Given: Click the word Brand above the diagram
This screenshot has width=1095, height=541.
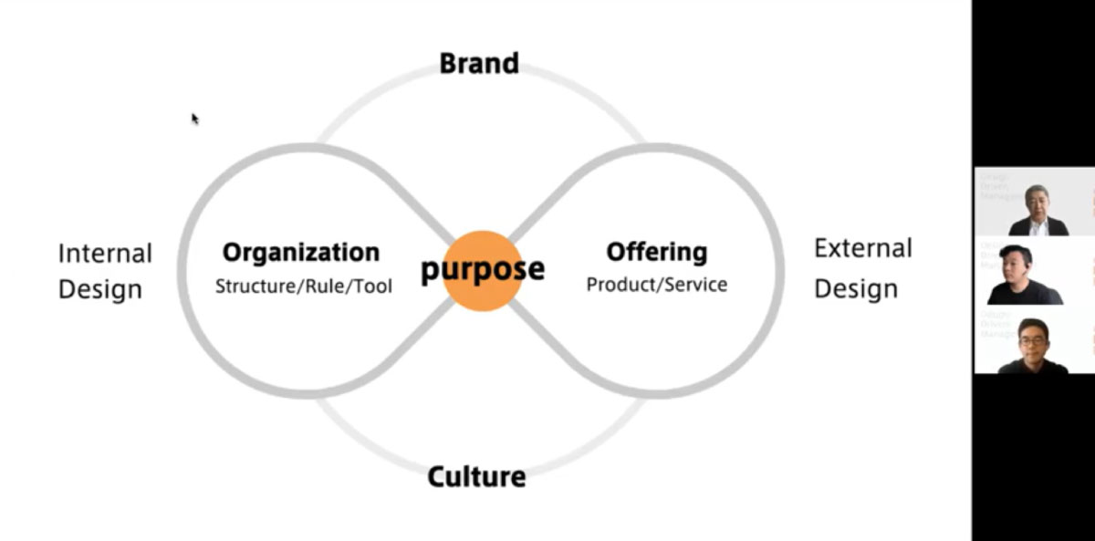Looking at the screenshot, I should click(479, 63).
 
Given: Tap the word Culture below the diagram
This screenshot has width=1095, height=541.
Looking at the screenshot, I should click(476, 476).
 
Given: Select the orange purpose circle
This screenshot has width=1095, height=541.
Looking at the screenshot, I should click(482, 270).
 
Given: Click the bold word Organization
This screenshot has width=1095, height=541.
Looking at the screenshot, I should click(301, 253).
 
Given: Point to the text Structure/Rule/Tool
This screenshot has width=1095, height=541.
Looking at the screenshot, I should click(304, 286).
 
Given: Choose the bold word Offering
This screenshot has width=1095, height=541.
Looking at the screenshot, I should click(657, 252).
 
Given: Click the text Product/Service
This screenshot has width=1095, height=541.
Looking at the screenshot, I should click(657, 285).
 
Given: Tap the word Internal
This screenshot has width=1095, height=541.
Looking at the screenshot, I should click(105, 253).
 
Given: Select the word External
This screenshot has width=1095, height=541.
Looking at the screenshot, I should click(863, 248).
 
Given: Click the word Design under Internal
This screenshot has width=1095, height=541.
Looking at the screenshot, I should click(100, 290).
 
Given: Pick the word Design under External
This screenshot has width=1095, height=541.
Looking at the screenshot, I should click(856, 289).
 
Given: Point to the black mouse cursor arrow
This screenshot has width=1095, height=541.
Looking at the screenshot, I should click(195, 119).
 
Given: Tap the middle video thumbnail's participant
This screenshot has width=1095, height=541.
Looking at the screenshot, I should click(1022, 276).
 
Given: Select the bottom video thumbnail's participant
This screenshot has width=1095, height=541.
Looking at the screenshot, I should click(1032, 347).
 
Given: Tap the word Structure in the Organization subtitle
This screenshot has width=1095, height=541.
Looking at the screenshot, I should click(251, 286).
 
